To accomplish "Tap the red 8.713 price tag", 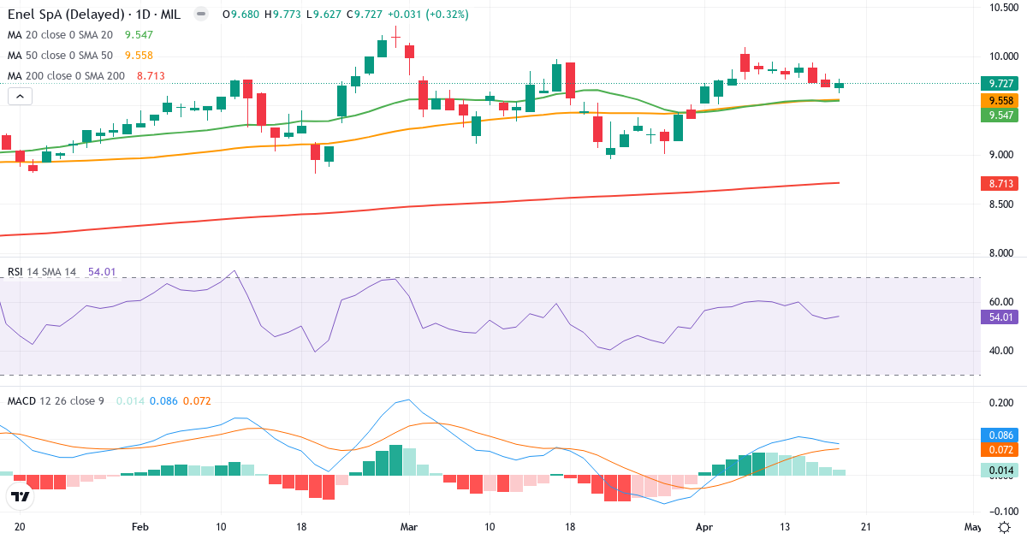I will [997, 184].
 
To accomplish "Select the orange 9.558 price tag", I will [997, 100].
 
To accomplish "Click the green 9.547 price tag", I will [997, 115].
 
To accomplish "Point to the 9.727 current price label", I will [997, 84].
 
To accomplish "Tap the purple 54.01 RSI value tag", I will [997, 317].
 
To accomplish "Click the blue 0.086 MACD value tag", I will [997, 435].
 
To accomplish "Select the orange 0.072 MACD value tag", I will [997, 450].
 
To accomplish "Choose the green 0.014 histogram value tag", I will [997, 471].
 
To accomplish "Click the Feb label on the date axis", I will [141, 527].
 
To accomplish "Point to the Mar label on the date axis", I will [409, 527].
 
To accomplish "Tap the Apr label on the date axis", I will [703, 527].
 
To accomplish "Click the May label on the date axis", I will [972, 527].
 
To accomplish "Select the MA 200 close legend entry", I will [67, 76].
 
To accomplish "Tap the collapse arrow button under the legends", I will [20, 97].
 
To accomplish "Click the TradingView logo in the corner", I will [20, 496].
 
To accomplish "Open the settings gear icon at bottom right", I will [1006, 527].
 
